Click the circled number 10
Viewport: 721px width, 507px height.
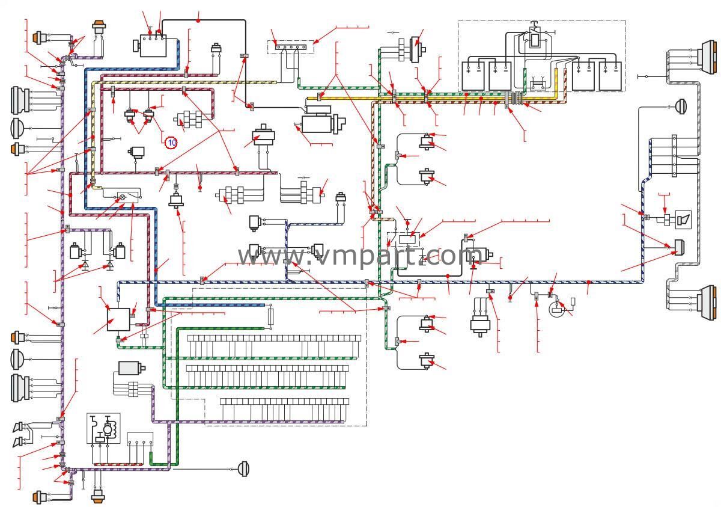tap(171, 142)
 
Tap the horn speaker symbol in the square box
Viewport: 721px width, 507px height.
tap(683, 220)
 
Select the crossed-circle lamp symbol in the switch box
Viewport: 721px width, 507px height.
tap(123, 197)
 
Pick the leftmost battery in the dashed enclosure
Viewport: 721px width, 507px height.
tap(475, 75)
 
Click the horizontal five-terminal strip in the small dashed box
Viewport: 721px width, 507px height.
tap(291, 46)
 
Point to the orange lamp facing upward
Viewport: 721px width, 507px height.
tap(98, 30)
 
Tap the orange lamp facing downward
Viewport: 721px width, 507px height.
tap(98, 494)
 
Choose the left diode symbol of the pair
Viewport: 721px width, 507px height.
tap(85, 265)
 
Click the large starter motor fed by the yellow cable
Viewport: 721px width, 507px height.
tap(323, 123)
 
